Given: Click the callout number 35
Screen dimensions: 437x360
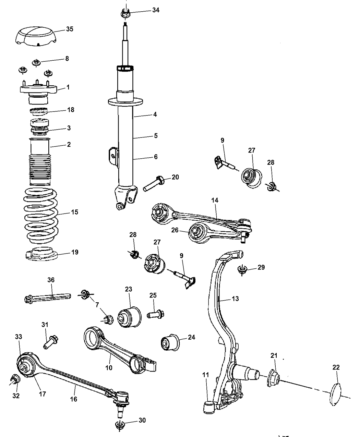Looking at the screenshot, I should click(69, 29).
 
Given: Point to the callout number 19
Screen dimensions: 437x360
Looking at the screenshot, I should click(74, 252).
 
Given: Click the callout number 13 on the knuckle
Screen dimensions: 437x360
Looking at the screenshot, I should click(235, 299).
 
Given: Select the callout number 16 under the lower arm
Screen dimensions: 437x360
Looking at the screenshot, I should click(74, 399).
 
